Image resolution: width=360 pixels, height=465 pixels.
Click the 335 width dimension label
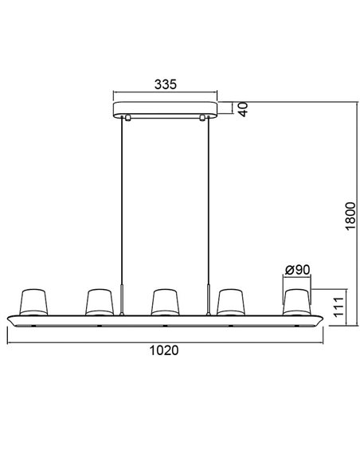(164, 84)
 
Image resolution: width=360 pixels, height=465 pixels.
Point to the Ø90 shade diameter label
(296, 270)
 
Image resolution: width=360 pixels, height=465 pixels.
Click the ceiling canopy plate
(164, 109)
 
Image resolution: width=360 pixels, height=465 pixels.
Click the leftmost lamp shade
(33, 300)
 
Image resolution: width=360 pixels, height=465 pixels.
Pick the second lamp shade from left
(98, 300)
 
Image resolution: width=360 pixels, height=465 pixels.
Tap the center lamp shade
(164, 300)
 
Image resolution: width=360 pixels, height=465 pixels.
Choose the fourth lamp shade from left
(230, 300)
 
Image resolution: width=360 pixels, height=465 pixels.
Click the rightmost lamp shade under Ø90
(295, 300)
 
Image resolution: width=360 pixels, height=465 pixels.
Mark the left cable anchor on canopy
(126, 118)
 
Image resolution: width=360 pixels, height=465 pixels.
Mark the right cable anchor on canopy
(203, 118)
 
